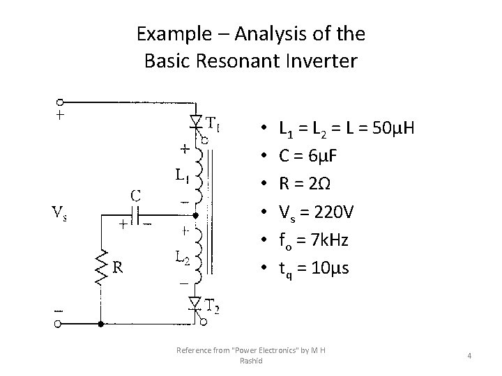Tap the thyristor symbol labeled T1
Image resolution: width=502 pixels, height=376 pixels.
[196, 122]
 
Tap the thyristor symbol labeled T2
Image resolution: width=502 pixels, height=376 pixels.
[196, 302]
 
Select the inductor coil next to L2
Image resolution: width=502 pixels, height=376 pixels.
[199, 255]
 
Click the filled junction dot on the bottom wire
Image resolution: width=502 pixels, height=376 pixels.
[101, 324]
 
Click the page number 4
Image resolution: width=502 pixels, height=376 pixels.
[469, 356]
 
